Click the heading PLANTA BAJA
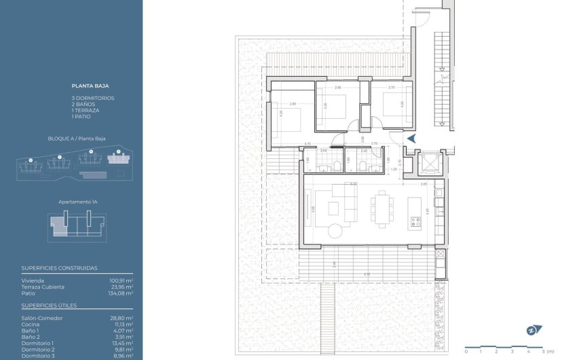pyautogui.click(x=90, y=86)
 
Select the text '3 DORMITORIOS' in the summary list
pyautogui.click(x=93, y=98)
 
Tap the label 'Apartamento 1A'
pyautogui.click(x=76, y=202)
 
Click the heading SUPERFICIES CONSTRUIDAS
pyautogui.click(x=59, y=268)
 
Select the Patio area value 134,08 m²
pyautogui.click(x=121, y=293)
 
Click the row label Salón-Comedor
pyautogui.click(x=42, y=318)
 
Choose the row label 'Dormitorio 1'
pyautogui.click(x=37, y=343)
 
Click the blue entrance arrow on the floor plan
pyautogui.click(x=411, y=139)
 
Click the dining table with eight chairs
pyautogui.click(x=381, y=209)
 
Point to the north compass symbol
pyautogui.click(x=534, y=330)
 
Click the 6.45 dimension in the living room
pyautogui.click(x=353, y=184)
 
